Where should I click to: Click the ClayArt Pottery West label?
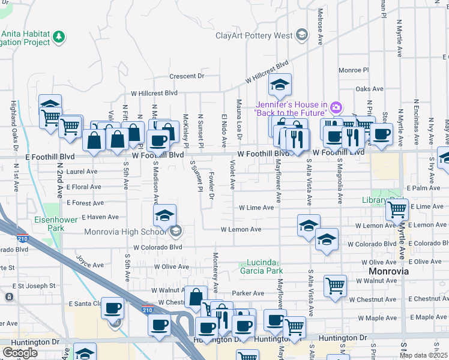pyautogui.click(x=254, y=36)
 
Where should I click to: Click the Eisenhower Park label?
pyautogui.click(x=56, y=224)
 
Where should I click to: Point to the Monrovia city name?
pyautogui.click(x=388, y=271)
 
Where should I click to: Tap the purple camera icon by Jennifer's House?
pyautogui.click(x=336, y=108)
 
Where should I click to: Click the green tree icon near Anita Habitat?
pyautogui.click(x=59, y=38)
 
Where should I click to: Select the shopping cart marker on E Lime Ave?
pyautogui.click(x=397, y=210)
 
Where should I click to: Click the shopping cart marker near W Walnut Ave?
pyautogui.click(x=335, y=286)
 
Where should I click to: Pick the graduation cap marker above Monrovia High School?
pyautogui.click(x=165, y=215)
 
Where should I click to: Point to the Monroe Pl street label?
pyautogui.click(x=354, y=70)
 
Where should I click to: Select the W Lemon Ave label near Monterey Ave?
pyautogui.click(x=241, y=229)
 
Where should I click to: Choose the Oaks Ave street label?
pyautogui.click(x=369, y=89)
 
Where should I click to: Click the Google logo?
pyautogui.click(x=20, y=353)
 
